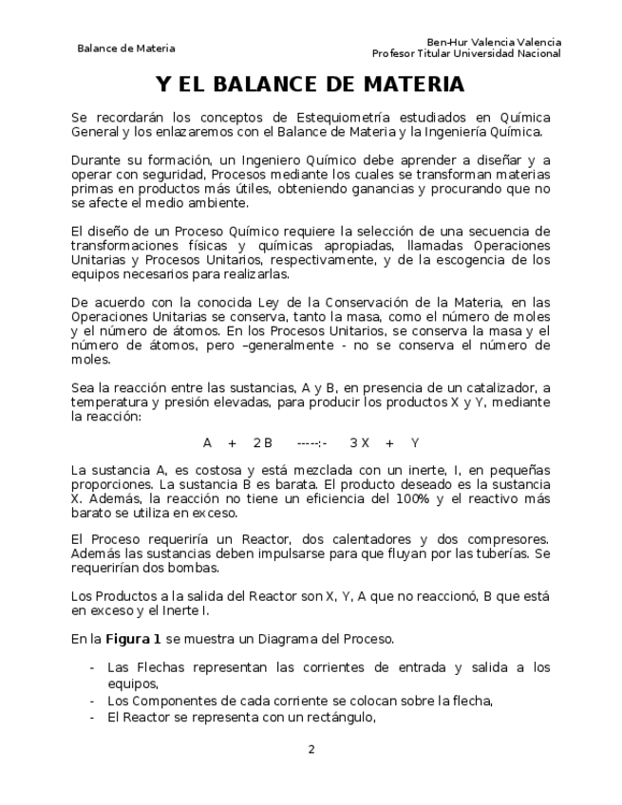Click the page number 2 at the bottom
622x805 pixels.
(x=311, y=749)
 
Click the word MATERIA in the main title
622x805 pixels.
(x=410, y=85)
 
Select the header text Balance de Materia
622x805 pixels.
(x=126, y=48)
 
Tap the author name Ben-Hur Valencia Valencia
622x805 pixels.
(x=494, y=42)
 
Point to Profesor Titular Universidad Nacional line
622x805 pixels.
(x=466, y=53)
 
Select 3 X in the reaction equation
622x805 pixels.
(x=359, y=442)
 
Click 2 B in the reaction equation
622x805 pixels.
(x=263, y=442)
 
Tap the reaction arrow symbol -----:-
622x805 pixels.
(x=311, y=442)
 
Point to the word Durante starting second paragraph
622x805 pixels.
(x=99, y=159)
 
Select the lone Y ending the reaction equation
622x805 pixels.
(x=416, y=442)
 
